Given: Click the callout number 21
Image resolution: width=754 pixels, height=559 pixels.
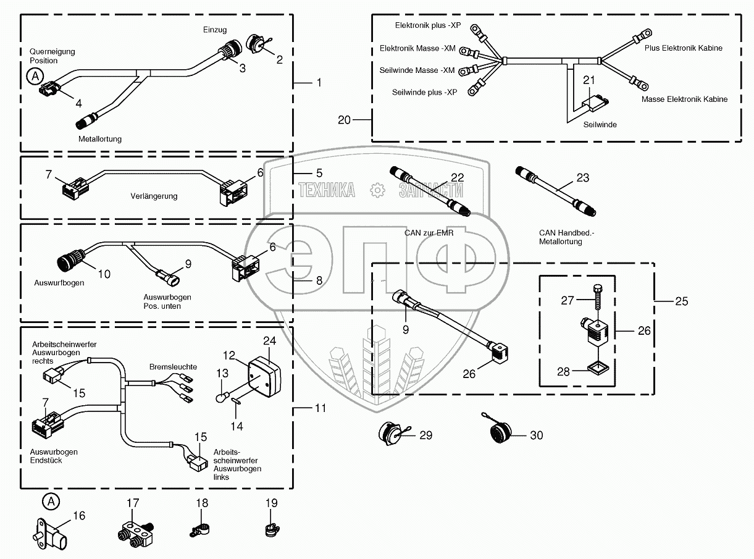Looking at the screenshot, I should [x=589, y=80].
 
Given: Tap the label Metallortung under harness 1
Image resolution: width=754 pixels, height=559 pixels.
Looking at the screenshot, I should [x=100, y=139].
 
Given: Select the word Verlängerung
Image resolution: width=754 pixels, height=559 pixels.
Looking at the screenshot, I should [x=154, y=196].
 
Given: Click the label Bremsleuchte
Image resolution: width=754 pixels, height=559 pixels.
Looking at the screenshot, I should [x=173, y=367].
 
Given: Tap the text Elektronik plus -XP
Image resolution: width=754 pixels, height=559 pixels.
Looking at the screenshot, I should [x=428, y=25].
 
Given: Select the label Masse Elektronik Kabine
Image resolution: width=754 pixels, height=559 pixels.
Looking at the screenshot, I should [x=684, y=99].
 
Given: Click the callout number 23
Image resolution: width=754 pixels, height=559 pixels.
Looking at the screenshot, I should [x=583, y=179].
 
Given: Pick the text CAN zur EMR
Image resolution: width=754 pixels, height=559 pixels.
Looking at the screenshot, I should [x=429, y=233].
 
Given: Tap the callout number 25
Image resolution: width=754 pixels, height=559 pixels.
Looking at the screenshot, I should [x=681, y=302].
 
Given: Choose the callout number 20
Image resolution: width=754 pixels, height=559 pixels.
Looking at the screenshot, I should [x=344, y=120].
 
